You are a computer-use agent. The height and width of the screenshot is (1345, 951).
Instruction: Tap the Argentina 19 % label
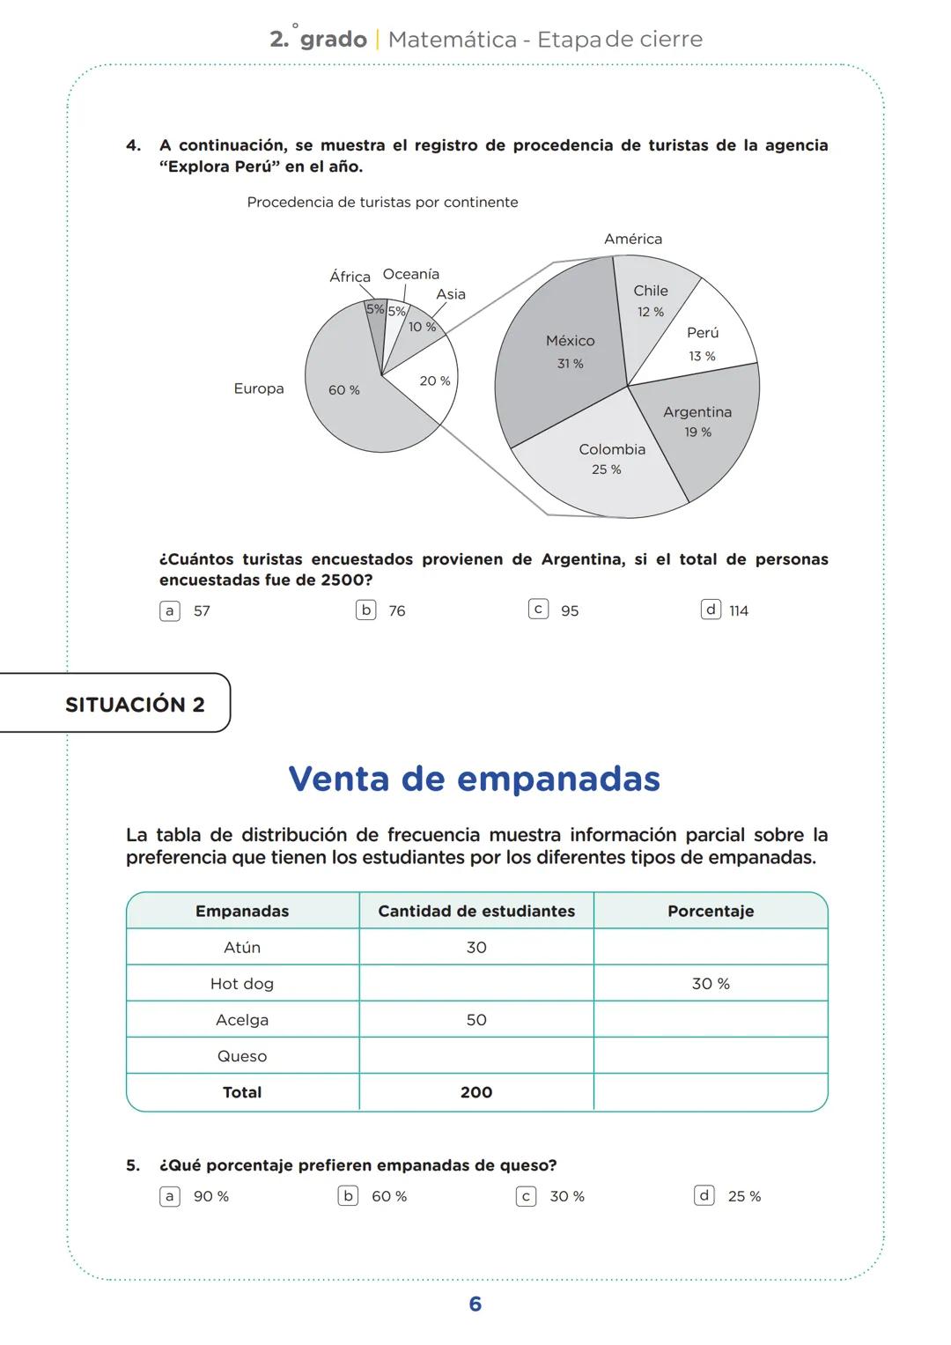click(x=697, y=421)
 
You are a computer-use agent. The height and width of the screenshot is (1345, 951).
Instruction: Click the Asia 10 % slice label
click(x=422, y=327)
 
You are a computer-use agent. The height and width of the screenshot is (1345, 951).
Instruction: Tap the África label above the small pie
click(x=350, y=277)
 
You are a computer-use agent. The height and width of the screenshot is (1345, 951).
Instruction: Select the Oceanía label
click(x=410, y=274)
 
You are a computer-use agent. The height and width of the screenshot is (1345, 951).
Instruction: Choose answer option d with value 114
click(x=711, y=610)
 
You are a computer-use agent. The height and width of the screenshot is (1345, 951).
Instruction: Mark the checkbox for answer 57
click(x=170, y=610)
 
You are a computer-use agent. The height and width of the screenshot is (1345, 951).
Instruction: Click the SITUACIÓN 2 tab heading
click(x=135, y=705)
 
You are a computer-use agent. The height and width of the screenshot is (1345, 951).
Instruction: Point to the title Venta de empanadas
click(x=474, y=779)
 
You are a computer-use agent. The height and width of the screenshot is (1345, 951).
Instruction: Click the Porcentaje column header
click(x=710, y=911)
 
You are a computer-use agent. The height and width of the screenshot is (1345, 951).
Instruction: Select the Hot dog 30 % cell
click(x=710, y=983)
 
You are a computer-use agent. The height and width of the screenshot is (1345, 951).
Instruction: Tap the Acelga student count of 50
click(x=475, y=1019)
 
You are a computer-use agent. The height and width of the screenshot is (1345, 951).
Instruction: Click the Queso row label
click(x=242, y=1055)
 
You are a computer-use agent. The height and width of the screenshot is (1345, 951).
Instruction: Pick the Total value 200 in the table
click(x=475, y=1092)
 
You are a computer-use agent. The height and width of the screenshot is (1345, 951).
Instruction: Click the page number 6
click(x=475, y=1304)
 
